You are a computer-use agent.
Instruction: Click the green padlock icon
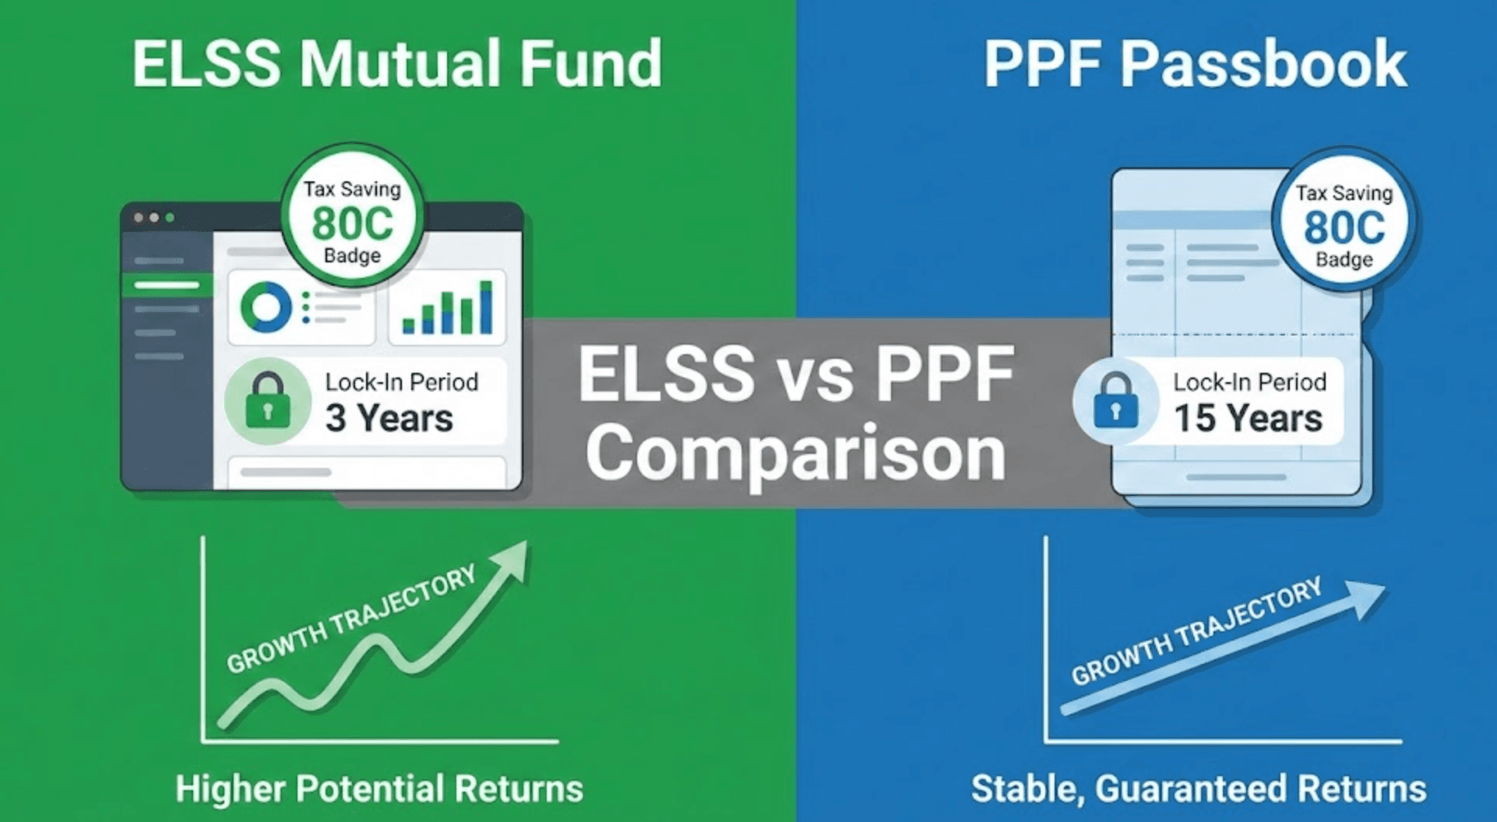(x=267, y=401)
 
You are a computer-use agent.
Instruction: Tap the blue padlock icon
(x=1115, y=401)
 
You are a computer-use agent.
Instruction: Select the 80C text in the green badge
(x=353, y=223)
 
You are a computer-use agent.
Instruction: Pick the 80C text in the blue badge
(x=1344, y=227)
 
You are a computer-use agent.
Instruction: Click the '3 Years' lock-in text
(x=389, y=418)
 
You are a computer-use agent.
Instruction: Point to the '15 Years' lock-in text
(x=1248, y=418)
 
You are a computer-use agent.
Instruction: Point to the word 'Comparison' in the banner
(x=795, y=453)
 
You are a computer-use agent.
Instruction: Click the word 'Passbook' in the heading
(x=1263, y=64)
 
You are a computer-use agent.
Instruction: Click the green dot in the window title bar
(x=170, y=218)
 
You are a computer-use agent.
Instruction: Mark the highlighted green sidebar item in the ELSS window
(x=167, y=285)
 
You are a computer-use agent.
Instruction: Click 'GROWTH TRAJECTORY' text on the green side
(x=351, y=619)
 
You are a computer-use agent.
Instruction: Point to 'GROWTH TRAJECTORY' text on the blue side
(x=1196, y=631)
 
